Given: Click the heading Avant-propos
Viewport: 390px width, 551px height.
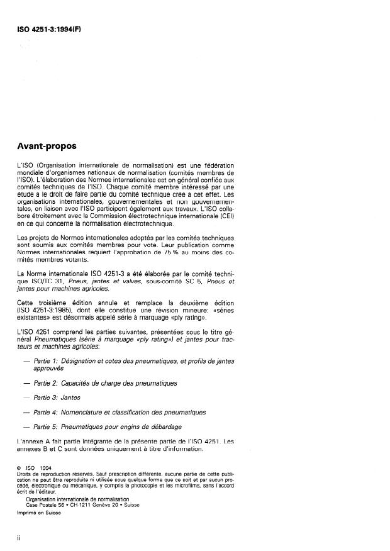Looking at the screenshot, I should (47, 147).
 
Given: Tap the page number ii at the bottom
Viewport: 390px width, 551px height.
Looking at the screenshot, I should (19, 538).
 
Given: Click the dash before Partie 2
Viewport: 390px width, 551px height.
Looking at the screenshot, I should (26, 383).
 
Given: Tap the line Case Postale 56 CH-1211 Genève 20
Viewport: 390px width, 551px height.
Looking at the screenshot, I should (87, 504).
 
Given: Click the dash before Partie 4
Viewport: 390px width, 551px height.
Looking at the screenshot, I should (26, 412).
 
